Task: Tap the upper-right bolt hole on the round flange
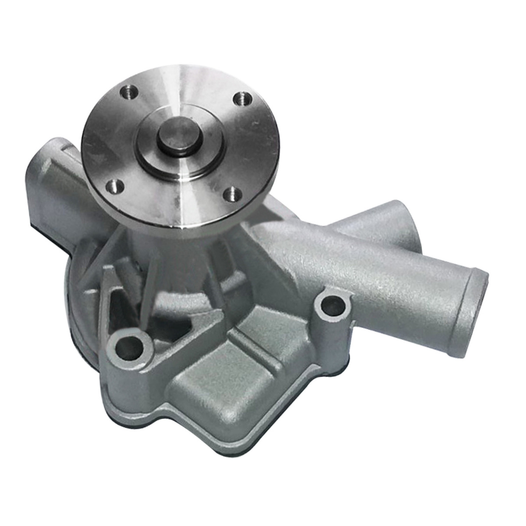point(240,98)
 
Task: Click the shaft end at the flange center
point(180,133)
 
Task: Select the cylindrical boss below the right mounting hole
point(333,346)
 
